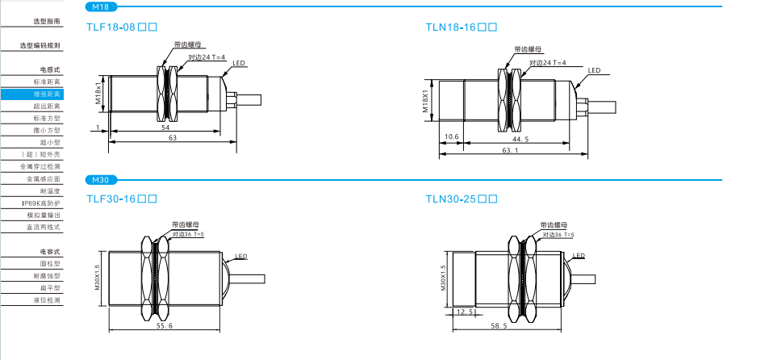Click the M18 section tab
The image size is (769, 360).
(x=101, y=7)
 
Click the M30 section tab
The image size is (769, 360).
(x=101, y=179)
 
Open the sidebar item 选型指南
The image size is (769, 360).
(x=46, y=21)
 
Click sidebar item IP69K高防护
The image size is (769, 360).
(x=42, y=203)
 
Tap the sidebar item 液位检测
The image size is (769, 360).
(x=46, y=300)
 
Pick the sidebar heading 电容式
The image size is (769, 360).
(x=50, y=252)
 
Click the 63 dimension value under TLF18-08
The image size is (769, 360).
(x=172, y=138)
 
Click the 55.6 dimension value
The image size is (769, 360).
(x=164, y=324)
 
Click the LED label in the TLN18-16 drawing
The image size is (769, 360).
(x=593, y=71)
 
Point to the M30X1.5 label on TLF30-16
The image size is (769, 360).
(x=97, y=277)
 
